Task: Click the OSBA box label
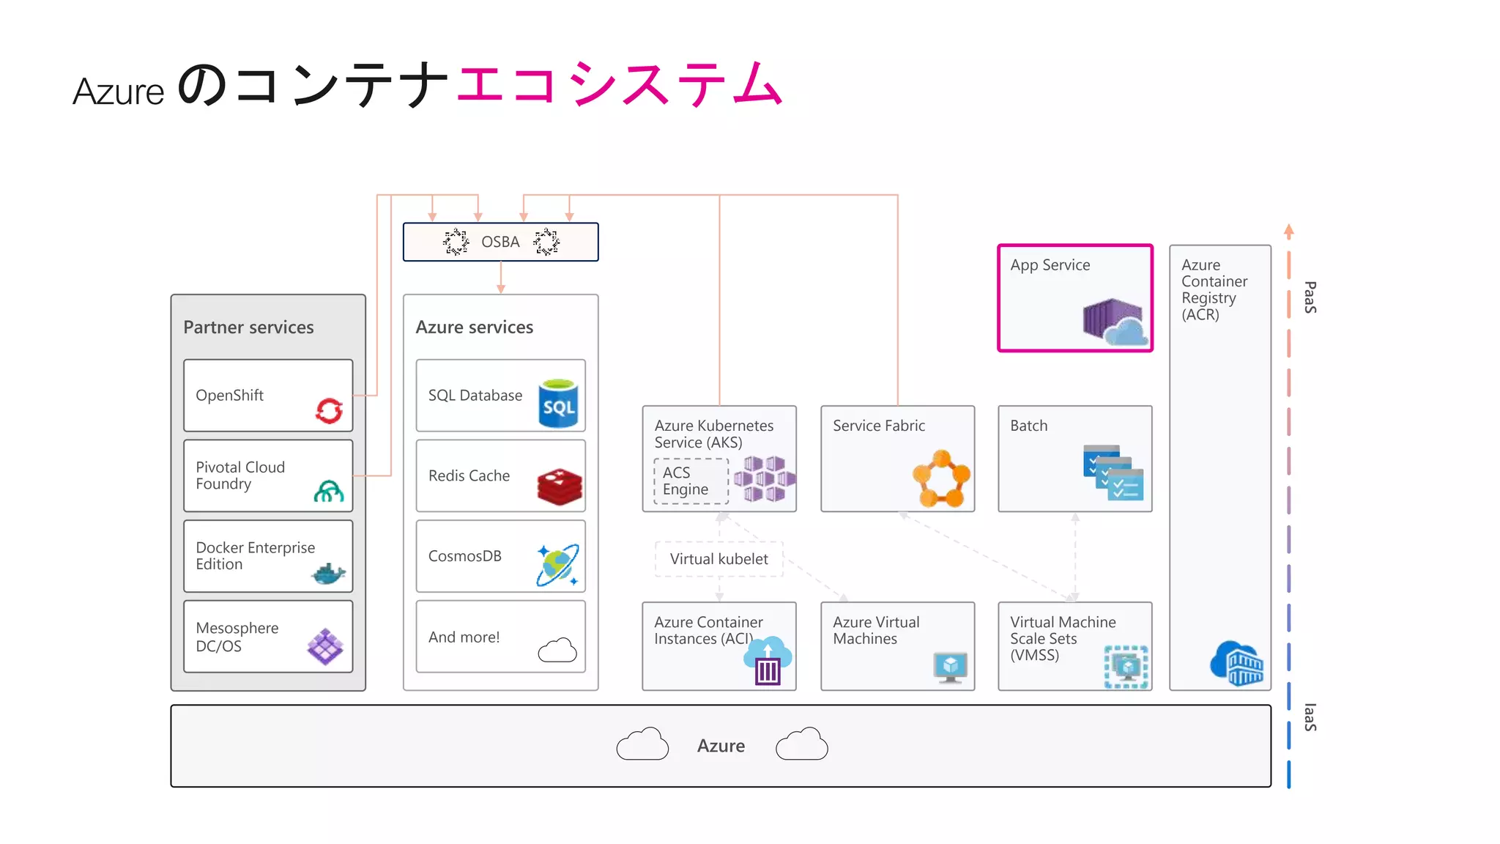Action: [x=500, y=242]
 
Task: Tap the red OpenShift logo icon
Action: [x=329, y=410]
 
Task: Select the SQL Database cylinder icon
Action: [x=558, y=404]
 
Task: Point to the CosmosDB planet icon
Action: [x=557, y=565]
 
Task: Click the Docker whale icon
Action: [x=328, y=574]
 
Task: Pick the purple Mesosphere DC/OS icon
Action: [x=324, y=646]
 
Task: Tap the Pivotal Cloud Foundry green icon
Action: [x=328, y=491]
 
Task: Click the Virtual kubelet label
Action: [x=719, y=559]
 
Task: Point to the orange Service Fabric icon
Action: [x=941, y=479]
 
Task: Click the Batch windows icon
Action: [x=1113, y=473]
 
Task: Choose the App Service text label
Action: [x=1050, y=265]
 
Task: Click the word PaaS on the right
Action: [x=1310, y=297]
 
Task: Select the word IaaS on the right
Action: [x=1310, y=717]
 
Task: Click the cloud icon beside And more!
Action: [x=557, y=650]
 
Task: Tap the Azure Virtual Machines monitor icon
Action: [x=950, y=667]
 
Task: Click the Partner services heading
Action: [x=248, y=327]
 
